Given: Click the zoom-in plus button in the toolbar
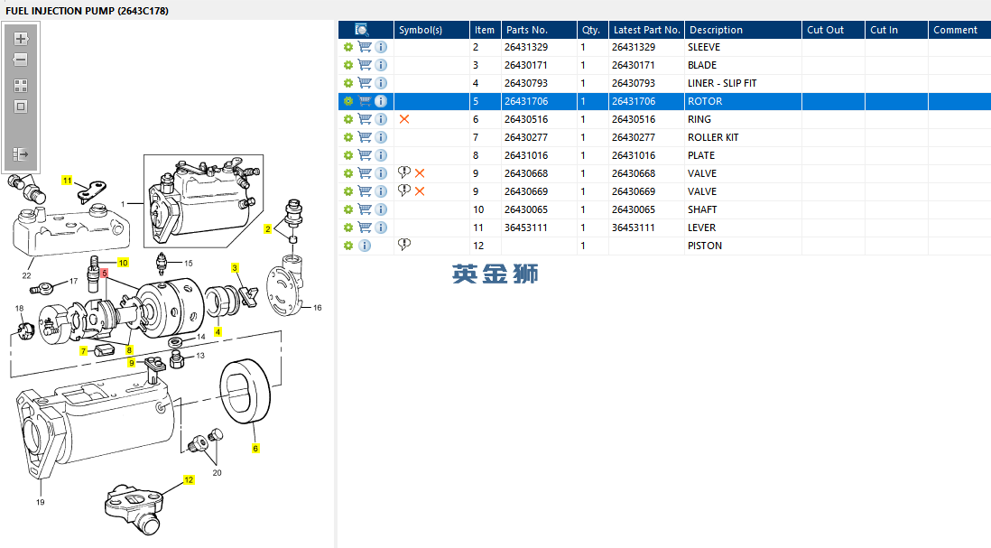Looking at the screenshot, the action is point(21,39).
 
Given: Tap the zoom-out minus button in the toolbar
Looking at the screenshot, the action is point(21,60).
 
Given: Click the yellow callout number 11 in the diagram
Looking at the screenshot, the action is point(67,181).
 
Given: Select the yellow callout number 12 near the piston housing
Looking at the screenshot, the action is point(189,480).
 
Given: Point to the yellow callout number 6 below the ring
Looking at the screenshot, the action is point(255,449).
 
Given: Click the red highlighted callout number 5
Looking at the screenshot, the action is point(105,273).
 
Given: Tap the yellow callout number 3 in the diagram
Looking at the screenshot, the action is point(235,268).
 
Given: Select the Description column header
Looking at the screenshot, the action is point(716,30).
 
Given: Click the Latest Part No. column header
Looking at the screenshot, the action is point(646,30).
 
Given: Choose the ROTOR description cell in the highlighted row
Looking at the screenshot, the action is point(705,101).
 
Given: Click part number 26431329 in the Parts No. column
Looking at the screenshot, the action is point(526,48).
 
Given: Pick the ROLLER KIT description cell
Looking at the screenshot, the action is point(713,137).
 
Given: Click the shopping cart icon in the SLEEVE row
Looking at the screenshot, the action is point(365,47).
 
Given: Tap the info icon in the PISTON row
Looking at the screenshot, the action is point(365,246).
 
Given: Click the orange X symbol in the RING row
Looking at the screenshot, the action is point(404,119).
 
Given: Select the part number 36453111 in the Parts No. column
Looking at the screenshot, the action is point(526,228).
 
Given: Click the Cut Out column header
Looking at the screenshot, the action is point(826,30).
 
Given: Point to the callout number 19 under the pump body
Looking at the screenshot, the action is point(41,503).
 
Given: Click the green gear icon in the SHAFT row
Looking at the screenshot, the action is point(348,209).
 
